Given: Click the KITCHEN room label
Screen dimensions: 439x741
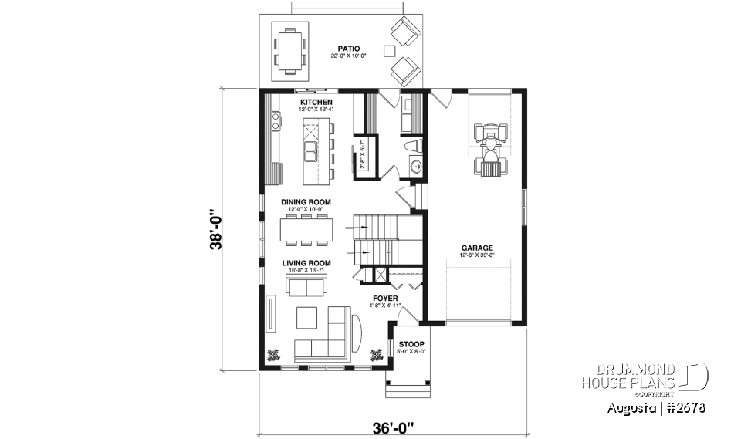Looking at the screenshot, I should (x=316, y=102).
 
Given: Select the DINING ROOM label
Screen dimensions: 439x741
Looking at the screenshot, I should (x=306, y=202).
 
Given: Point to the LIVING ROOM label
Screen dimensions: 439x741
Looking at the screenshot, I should (x=306, y=263).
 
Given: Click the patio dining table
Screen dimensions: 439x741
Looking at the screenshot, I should (x=290, y=48).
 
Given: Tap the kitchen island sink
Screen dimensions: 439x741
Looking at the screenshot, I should (x=311, y=150).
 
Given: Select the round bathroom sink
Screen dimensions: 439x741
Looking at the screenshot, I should (x=415, y=164).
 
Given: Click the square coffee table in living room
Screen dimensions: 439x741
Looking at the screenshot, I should (x=306, y=316).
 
